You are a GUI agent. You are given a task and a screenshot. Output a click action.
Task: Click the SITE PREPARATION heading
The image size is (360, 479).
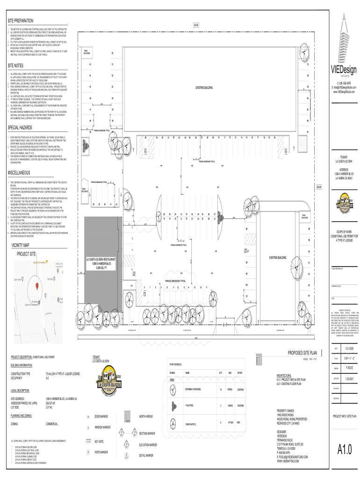pyautogui.click(x=21, y=21)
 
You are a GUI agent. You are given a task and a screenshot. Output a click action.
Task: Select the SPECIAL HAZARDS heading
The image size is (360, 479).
pyautogui.click(x=21, y=128)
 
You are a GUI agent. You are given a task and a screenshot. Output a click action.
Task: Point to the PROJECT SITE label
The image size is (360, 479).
pyautogui.click(x=26, y=254)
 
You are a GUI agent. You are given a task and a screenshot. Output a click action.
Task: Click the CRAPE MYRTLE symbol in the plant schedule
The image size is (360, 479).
pyautogui.click(x=173, y=423)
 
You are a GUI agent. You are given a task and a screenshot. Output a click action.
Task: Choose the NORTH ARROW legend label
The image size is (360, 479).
pyautogui.click(x=146, y=416)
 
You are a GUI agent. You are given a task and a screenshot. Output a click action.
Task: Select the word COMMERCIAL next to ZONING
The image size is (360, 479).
pyautogui.click(x=52, y=423)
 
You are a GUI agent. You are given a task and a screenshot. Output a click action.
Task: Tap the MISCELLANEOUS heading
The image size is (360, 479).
pyautogui.click(x=19, y=173)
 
